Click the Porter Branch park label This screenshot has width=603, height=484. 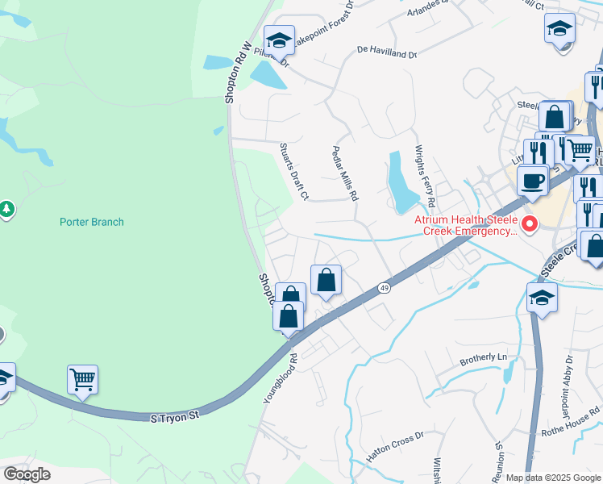[x=92, y=222]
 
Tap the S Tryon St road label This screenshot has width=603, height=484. [x=174, y=417]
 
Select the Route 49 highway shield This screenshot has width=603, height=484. [x=385, y=289]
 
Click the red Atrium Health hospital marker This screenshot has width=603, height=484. [x=530, y=224]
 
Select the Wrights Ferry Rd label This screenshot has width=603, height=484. [x=424, y=176]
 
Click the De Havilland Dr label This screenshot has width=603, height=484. [x=388, y=52]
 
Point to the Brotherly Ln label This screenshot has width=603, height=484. [x=483, y=357]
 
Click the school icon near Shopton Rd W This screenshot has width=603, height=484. [x=279, y=40]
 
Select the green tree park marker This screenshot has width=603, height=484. [x=6, y=210]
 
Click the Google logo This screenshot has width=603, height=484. [x=27, y=474]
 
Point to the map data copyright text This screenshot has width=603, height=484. [x=553, y=478]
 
